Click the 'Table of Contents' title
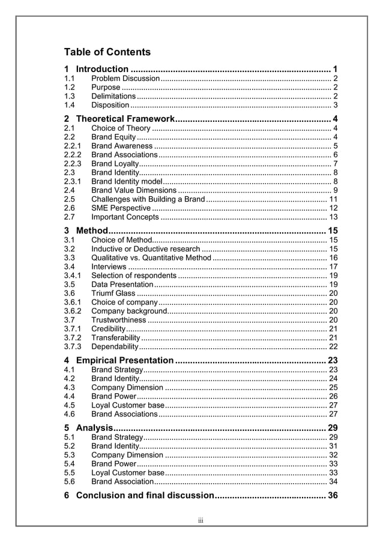point(107,52)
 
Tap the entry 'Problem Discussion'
point(125,79)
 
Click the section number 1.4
point(69,105)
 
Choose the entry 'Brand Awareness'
point(122,146)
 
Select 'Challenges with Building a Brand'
point(148,199)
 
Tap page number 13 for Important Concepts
point(333,217)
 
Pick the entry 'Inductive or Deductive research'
point(146,248)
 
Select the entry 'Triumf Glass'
point(113,293)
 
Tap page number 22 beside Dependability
point(333,346)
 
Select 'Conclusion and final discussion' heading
point(145,495)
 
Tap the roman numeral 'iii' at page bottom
point(201,520)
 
